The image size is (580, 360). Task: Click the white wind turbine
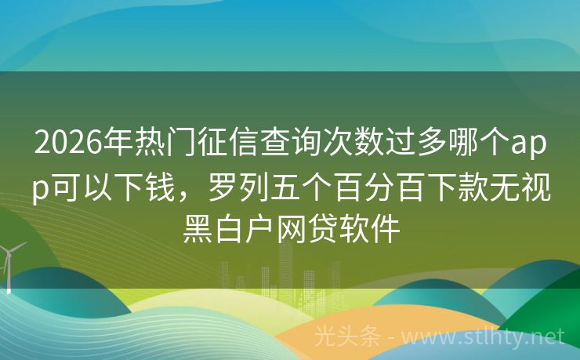(x=10, y=263)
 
